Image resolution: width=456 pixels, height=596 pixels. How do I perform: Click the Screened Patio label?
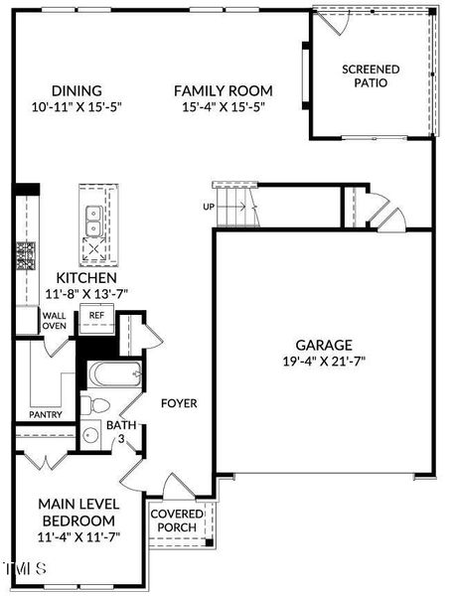(x=371, y=76)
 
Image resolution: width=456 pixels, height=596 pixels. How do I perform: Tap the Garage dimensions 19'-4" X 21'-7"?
(x=324, y=361)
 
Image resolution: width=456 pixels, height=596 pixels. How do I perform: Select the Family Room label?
(x=224, y=90)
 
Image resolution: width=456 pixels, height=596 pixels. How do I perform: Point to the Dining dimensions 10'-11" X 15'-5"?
(x=76, y=107)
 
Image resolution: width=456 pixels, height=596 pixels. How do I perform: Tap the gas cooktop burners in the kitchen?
(x=26, y=256)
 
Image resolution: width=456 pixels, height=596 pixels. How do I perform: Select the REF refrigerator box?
(x=96, y=319)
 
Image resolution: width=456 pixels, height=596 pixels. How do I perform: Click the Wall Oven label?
(x=55, y=321)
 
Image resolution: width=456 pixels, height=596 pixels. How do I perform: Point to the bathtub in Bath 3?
(x=114, y=374)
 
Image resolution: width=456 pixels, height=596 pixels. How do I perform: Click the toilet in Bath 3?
(x=95, y=405)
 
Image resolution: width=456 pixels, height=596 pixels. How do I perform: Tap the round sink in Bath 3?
(x=90, y=434)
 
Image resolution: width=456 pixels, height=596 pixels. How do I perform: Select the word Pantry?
(x=46, y=414)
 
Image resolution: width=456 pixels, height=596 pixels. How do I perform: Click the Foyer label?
(x=179, y=403)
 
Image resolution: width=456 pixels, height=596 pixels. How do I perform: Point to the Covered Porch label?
(x=177, y=521)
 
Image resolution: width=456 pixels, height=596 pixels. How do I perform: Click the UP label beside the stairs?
(x=209, y=207)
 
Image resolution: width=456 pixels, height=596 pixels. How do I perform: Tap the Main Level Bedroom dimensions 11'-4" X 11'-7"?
(x=79, y=536)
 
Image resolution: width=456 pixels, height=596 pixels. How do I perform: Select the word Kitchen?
(x=86, y=278)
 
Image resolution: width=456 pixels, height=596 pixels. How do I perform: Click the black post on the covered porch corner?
(x=209, y=542)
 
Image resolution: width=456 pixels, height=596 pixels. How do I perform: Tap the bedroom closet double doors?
(x=46, y=461)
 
